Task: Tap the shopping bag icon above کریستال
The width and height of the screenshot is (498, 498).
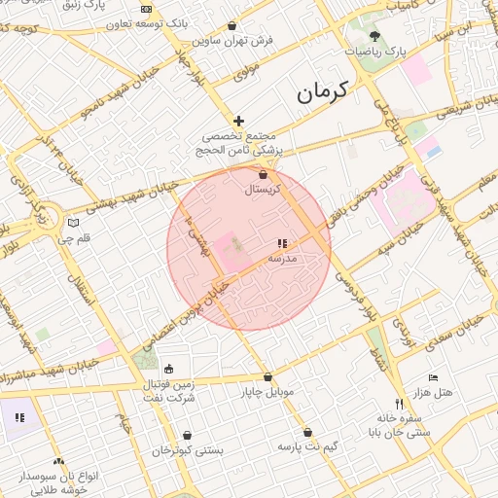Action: (x=263, y=174)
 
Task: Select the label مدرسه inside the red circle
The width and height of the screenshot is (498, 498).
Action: (x=281, y=260)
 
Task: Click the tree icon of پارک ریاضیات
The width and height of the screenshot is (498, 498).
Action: (x=375, y=36)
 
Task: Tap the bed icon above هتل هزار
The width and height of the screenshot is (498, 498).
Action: (x=433, y=377)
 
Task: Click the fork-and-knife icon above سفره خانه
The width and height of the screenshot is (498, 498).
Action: (x=399, y=404)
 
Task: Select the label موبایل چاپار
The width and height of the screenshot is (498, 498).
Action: (x=267, y=392)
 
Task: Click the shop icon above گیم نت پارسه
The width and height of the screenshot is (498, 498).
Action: (x=307, y=432)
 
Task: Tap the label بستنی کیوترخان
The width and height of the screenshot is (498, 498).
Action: (x=188, y=450)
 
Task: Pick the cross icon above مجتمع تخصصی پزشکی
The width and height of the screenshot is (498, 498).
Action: (x=239, y=121)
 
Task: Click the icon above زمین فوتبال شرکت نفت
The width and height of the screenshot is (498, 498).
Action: (x=169, y=370)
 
